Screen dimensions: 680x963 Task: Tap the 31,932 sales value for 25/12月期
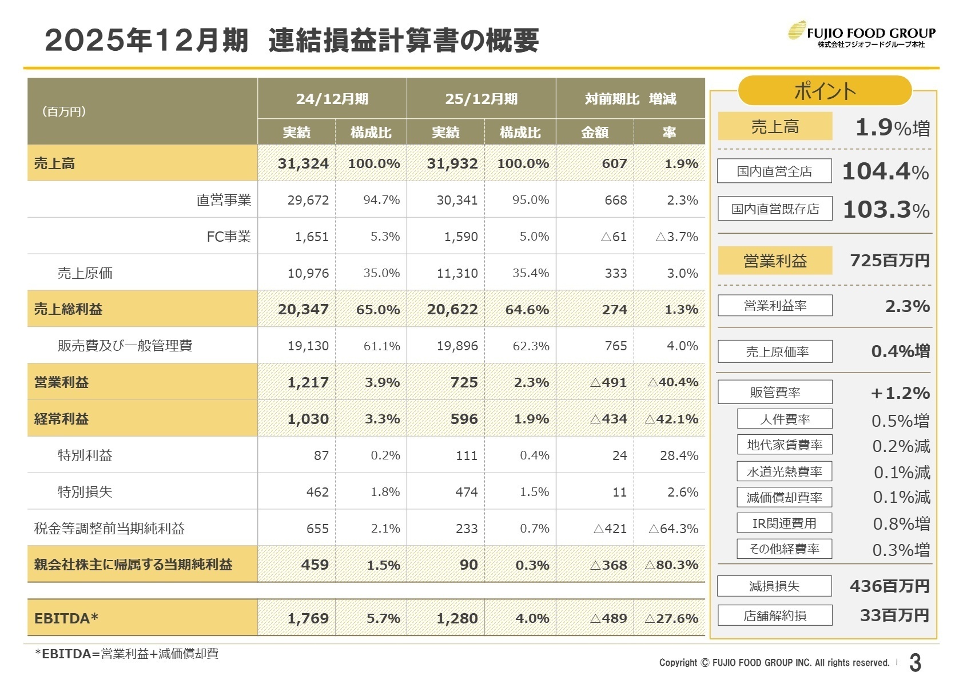(x=452, y=163)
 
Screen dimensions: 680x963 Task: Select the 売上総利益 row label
(x=68, y=309)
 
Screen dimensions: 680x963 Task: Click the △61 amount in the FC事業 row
(x=614, y=237)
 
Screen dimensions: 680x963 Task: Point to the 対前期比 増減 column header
(x=630, y=99)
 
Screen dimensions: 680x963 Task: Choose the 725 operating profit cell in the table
(x=464, y=382)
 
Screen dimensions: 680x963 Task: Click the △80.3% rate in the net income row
(x=671, y=565)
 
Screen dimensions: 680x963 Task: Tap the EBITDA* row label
(x=66, y=618)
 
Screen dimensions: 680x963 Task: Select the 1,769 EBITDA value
(x=308, y=618)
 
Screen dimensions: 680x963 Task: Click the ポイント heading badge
(x=824, y=91)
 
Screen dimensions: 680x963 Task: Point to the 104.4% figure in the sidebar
(x=885, y=171)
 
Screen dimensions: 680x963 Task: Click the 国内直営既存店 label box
(x=774, y=209)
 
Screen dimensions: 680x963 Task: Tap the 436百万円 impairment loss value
(x=889, y=586)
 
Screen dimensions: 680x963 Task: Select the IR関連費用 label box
(x=784, y=523)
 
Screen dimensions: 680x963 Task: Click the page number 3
(x=915, y=663)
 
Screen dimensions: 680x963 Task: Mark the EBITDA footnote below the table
(x=126, y=654)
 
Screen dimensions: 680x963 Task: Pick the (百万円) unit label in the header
(x=63, y=111)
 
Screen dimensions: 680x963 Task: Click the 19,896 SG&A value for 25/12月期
(x=457, y=346)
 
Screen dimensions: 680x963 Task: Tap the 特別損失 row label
(x=85, y=492)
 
